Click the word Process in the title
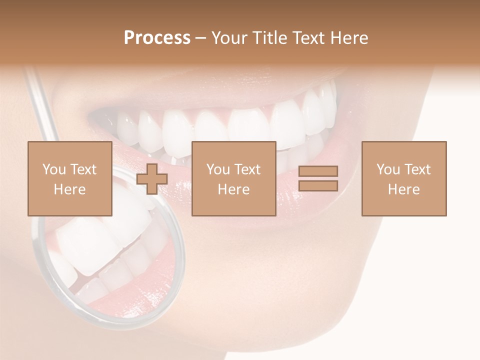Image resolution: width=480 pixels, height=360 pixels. click(157, 38)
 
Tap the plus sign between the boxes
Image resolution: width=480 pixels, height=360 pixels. click(152, 179)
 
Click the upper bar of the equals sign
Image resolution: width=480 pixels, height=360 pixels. click(318, 171)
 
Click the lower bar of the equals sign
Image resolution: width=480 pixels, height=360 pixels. click(318, 186)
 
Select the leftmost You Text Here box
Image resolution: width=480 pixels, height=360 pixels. click(69, 178)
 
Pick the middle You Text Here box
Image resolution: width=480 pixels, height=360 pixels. click(233, 178)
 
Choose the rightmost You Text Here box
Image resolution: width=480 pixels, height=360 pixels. click(403, 178)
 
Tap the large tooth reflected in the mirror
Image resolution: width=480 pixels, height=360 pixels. click(85, 245)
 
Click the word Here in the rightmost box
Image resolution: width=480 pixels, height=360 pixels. click(403, 189)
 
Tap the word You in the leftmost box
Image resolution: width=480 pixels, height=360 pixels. click(54, 169)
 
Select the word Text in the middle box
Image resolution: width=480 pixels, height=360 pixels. click(247, 169)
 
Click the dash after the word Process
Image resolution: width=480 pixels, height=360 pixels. click(200, 38)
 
